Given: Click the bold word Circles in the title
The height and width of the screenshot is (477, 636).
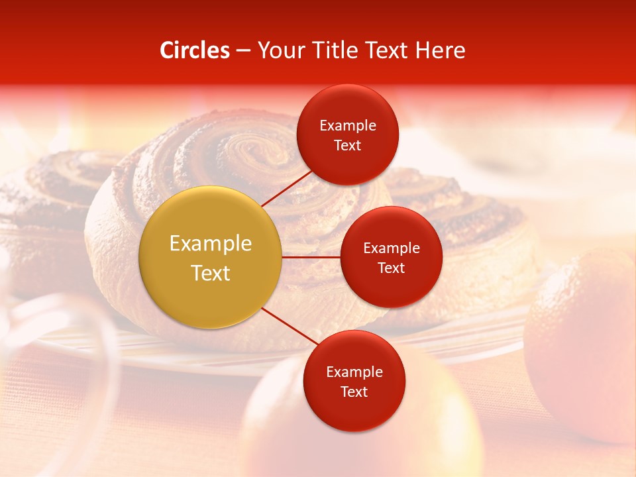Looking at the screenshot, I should (195, 50).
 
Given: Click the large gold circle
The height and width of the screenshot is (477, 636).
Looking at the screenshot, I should (211, 258).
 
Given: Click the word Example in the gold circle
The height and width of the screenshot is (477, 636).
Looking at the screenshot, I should (211, 244).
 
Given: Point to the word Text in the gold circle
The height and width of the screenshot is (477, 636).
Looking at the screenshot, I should (211, 273).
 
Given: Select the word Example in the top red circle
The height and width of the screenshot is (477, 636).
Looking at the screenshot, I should (348, 126).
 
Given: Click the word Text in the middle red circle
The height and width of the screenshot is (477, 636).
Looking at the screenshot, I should (391, 268).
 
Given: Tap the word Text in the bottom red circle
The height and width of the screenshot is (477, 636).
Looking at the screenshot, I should (354, 392).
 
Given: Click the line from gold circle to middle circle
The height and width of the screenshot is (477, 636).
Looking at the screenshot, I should (311, 257).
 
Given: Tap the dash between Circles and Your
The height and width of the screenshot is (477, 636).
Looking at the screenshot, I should (243, 50).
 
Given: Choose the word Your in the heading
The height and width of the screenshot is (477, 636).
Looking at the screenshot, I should (279, 50).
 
